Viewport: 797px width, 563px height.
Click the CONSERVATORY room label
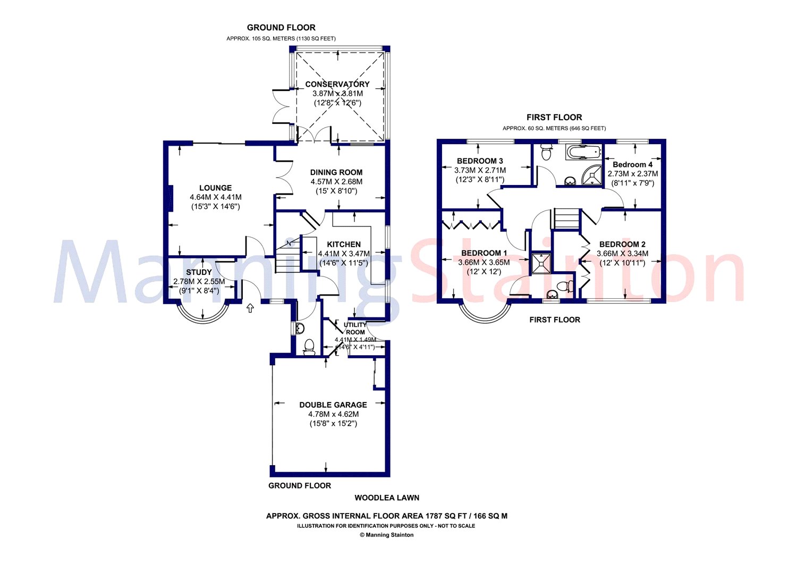click(337, 85)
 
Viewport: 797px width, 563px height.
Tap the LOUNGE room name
click(215, 188)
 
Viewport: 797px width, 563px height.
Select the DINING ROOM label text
click(336, 172)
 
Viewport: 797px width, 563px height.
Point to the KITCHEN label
click(344, 245)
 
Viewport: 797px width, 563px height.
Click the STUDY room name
click(199, 272)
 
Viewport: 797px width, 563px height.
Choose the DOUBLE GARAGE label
click(333, 405)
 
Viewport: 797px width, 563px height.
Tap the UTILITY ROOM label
click(355, 329)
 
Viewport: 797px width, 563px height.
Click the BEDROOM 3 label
click(480, 161)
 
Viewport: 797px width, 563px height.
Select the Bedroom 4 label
click(632, 164)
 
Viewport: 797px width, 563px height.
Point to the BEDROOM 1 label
click(484, 253)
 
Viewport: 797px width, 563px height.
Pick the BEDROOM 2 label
click(622, 245)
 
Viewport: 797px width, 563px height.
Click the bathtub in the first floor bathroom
click(583, 152)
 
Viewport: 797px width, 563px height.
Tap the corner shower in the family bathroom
click(593, 175)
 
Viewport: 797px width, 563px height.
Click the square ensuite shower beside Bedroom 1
click(541, 264)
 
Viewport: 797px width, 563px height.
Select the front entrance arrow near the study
click(250, 308)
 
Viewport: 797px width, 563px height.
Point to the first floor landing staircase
click(567, 219)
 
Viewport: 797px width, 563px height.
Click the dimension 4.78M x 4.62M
click(333, 414)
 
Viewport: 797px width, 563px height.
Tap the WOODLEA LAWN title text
click(387, 498)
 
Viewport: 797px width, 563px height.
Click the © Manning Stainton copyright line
click(387, 535)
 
